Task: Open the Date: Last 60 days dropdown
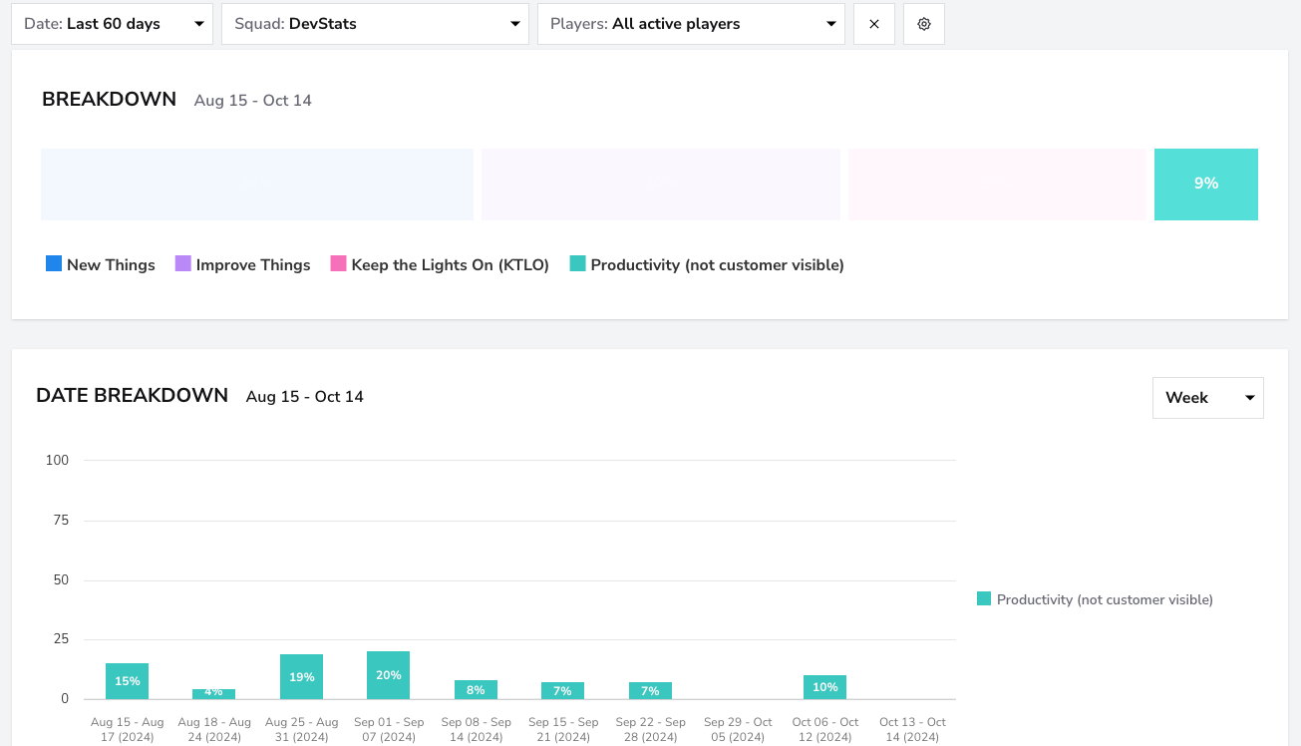(x=112, y=24)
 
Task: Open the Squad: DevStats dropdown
(x=375, y=24)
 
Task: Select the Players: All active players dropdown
(x=691, y=24)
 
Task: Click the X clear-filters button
(x=874, y=24)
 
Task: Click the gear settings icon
(x=924, y=24)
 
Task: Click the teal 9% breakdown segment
(x=1205, y=185)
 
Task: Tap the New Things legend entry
(x=101, y=264)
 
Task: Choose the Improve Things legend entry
(x=243, y=264)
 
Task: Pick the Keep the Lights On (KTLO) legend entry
(x=440, y=264)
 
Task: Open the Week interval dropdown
(x=1208, y=398)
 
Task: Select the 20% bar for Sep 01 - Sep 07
(x=388, y=675)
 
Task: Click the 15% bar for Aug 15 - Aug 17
(x=127, y=681)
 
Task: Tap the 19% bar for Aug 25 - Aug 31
(x=301, y=677)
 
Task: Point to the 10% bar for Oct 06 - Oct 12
(x=824, y=687)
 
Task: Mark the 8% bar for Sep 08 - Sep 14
(x=476, y=689)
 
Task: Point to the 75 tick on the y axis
(x=61, y=520)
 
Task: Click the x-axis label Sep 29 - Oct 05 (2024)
(x=738, y=729)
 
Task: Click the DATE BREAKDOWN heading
(x=132, y=396)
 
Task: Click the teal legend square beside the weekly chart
(x=984, y=598)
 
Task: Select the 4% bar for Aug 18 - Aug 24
(x=213, y=694)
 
